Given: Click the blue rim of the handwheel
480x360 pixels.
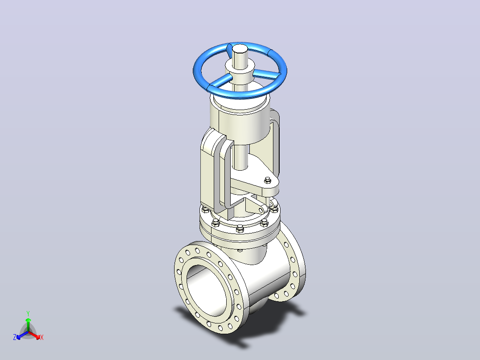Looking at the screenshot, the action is pos(240,94).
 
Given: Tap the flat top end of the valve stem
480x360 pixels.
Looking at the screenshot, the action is pos(240,49).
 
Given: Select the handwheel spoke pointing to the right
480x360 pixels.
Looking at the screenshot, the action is pos(266,74).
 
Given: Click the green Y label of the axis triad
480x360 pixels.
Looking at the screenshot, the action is pos(28,313).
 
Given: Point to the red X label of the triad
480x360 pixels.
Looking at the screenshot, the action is pos(42,337).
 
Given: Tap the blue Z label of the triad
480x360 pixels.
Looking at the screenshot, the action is pos(15,337).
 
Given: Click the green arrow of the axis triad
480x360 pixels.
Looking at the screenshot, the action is pos(28,325).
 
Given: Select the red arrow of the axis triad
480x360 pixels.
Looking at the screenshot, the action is pos(35,335).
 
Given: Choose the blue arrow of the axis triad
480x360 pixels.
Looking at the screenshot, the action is pos(22,335).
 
